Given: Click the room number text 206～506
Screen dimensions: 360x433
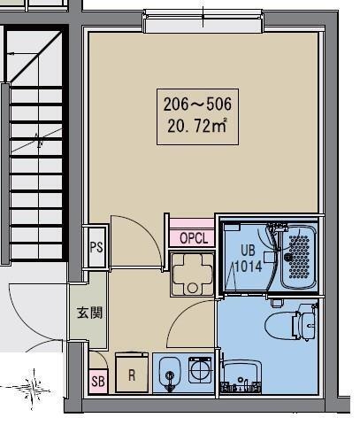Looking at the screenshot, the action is [197, 104].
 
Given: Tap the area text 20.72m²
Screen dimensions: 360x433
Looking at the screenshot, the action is [197, 126].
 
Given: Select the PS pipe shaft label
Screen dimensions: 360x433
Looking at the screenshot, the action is [96, 247].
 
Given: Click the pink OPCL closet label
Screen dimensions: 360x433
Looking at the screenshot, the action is [194, 238].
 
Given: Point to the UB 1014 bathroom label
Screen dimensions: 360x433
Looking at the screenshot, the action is [248, 259].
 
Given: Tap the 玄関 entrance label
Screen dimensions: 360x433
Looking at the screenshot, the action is [89, 313].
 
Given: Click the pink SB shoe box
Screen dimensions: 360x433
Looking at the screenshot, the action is [98, 381].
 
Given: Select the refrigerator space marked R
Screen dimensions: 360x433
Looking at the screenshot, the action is [132, 373].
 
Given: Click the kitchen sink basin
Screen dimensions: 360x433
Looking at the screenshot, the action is [170, 374].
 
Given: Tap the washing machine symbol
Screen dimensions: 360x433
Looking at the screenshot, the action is [200, 370].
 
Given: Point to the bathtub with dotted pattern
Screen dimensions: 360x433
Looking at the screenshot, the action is [298, 257].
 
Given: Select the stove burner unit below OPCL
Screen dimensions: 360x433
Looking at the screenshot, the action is [192, 274].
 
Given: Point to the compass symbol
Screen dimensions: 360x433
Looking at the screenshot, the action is [34, 389].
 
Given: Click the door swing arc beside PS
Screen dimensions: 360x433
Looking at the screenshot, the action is [147, 230].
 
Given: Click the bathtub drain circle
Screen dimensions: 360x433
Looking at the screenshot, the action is [287, 258].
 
